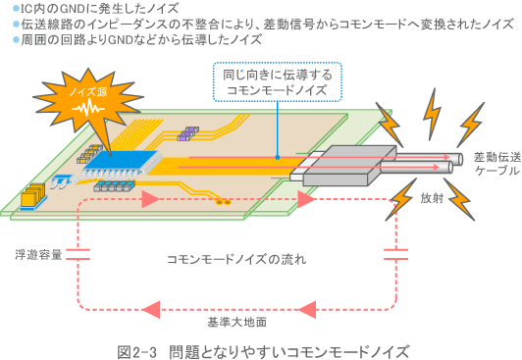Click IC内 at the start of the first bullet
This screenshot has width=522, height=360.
pyautogui.click(x=30, y=9)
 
